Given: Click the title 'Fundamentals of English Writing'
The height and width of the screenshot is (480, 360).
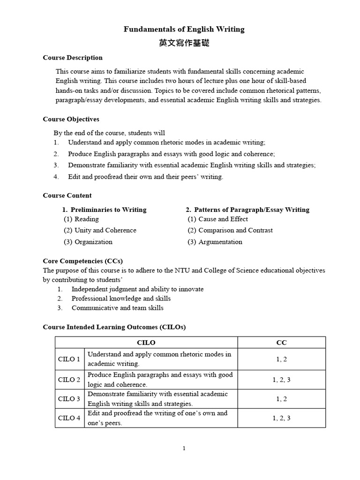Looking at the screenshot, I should pyautogui.click(x=184, y=29).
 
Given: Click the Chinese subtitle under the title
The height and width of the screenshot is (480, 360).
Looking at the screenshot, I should pyautogui.click(x=184, y=43).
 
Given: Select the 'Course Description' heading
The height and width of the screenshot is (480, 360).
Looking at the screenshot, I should pyautogui.click(x=73, y=58).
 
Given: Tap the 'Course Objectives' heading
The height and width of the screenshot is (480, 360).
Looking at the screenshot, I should pyautogui.click(x=71, y=119).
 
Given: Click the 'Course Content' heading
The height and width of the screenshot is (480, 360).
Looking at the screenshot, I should pyautogui.click(x=67, y=195).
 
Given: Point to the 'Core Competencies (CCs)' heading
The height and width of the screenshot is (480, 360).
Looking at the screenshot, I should pyautogui.click(x=82, y=261).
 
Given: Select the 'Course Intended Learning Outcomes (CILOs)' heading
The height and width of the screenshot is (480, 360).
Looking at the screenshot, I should pyautogui.click(x=114, y=327).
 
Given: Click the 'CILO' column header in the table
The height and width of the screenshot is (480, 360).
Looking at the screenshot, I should pyautogui.click(x=146, y=343).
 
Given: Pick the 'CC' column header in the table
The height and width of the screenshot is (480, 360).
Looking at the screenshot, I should pyautogui.click(x=281, y=343).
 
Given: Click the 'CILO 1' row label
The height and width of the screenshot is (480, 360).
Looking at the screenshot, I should pyautogui.click(x=69, y=359).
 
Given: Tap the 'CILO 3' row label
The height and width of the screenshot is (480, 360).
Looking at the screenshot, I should pyautogui.click(x=69, y=399).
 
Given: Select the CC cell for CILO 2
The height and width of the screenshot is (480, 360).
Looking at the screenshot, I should pyautogui.click(x=281, y=380).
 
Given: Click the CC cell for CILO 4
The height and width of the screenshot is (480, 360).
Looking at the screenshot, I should pyautogui.click(x=281, y=418).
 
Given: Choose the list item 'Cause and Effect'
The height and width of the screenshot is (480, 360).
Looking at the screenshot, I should pyautogui.click(x=223, y=219).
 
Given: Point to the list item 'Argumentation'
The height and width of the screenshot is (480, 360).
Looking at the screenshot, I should pyautogui.click(x=220, y=242).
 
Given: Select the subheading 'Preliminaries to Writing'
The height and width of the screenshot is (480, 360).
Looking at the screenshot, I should pyautogui.click(x=108, y=210).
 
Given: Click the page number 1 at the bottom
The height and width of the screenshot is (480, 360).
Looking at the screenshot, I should pyautogui.click(x=184, y=448).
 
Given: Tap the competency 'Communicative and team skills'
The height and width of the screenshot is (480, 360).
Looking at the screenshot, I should pyautogui.click(x=117, y=308).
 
